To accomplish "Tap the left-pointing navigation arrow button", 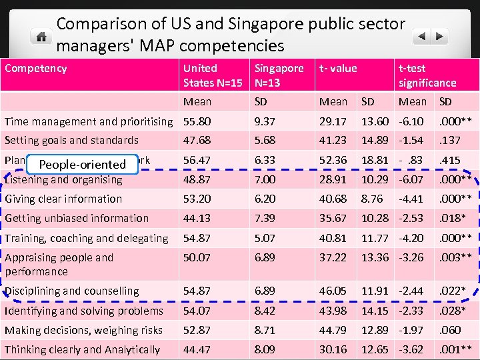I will click(x=422, y=36).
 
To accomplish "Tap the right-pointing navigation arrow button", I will click(x=440, y=36).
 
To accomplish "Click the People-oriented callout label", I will click(x=82, y=164).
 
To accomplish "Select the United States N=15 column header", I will click(x=212, y=75).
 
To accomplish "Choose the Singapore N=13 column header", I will click(x=279, y=75).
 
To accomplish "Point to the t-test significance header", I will click(x=427, y=75).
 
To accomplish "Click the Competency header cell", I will click(x=35, y=68).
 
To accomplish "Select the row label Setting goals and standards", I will click(x=71, y=140).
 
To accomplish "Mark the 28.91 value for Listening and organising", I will click(x=333, y=179).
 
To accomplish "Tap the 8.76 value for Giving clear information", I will click(x=372, y=199).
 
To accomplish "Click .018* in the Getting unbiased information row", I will click(x=452, y=218).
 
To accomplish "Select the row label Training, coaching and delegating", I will click(x=86, y=238).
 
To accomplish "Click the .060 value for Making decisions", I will click(x=448, y=330).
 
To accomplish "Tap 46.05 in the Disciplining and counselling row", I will click(x=333, y=291).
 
